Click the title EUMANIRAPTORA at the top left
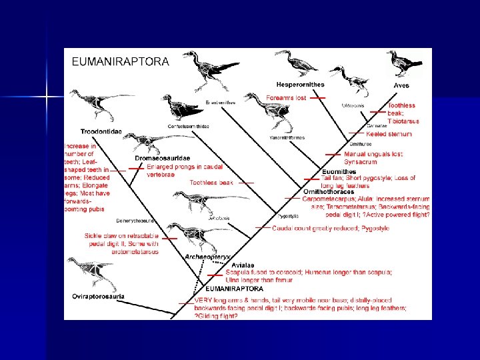[x=121, y=61]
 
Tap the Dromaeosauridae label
[x=165, y=158]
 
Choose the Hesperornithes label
[x=301, y=85]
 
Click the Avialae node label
[x=241, y=265]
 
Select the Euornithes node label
[x=339, y=171]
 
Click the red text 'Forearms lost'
[x=286, y=98]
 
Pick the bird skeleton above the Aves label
[x=404, y=63]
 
